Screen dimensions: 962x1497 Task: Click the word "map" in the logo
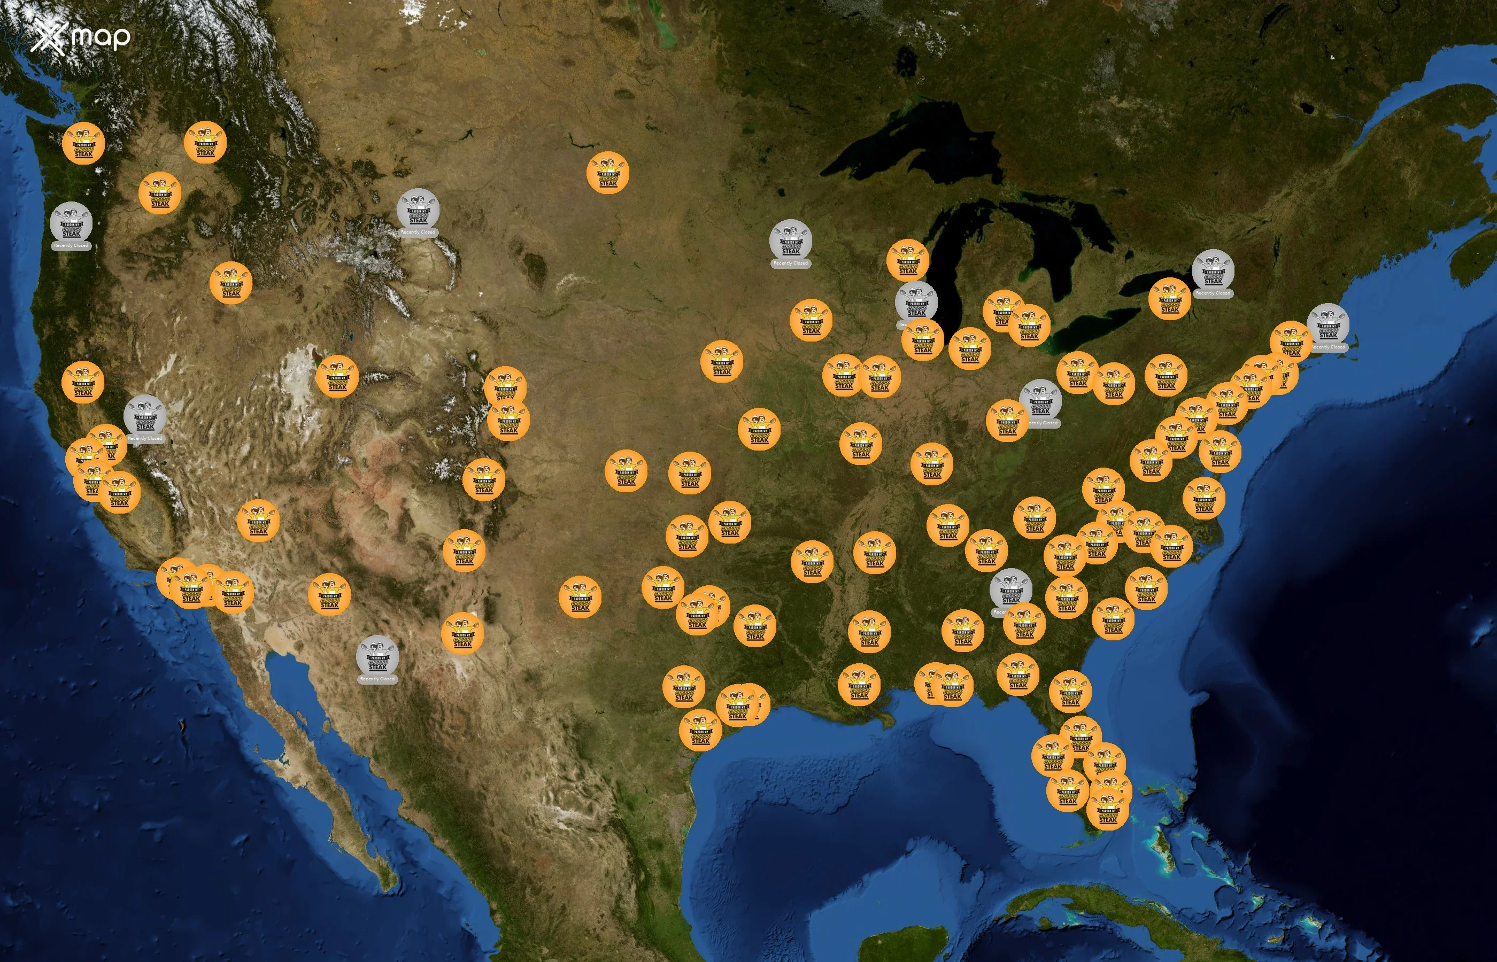(x=101, y=37)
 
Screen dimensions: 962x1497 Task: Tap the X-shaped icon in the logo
(x=48, y=36)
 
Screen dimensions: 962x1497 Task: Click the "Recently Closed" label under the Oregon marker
(x=71, y=245)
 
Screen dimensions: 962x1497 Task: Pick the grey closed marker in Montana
(x=418, y=210)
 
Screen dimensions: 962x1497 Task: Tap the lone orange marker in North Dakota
(x=608, y=173)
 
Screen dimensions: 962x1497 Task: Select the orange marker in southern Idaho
(x=231, y=283)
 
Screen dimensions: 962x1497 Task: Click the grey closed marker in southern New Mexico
(x=377, y=656)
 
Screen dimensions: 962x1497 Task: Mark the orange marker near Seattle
(x=83, y=144)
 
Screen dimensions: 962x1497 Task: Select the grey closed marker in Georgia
(x=1010, y=589)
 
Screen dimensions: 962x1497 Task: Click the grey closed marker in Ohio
(x=1040, y=400)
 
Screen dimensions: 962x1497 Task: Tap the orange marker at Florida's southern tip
(x=1108, y=810)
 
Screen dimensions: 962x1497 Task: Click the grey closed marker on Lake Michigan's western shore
(x=916, y=302)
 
